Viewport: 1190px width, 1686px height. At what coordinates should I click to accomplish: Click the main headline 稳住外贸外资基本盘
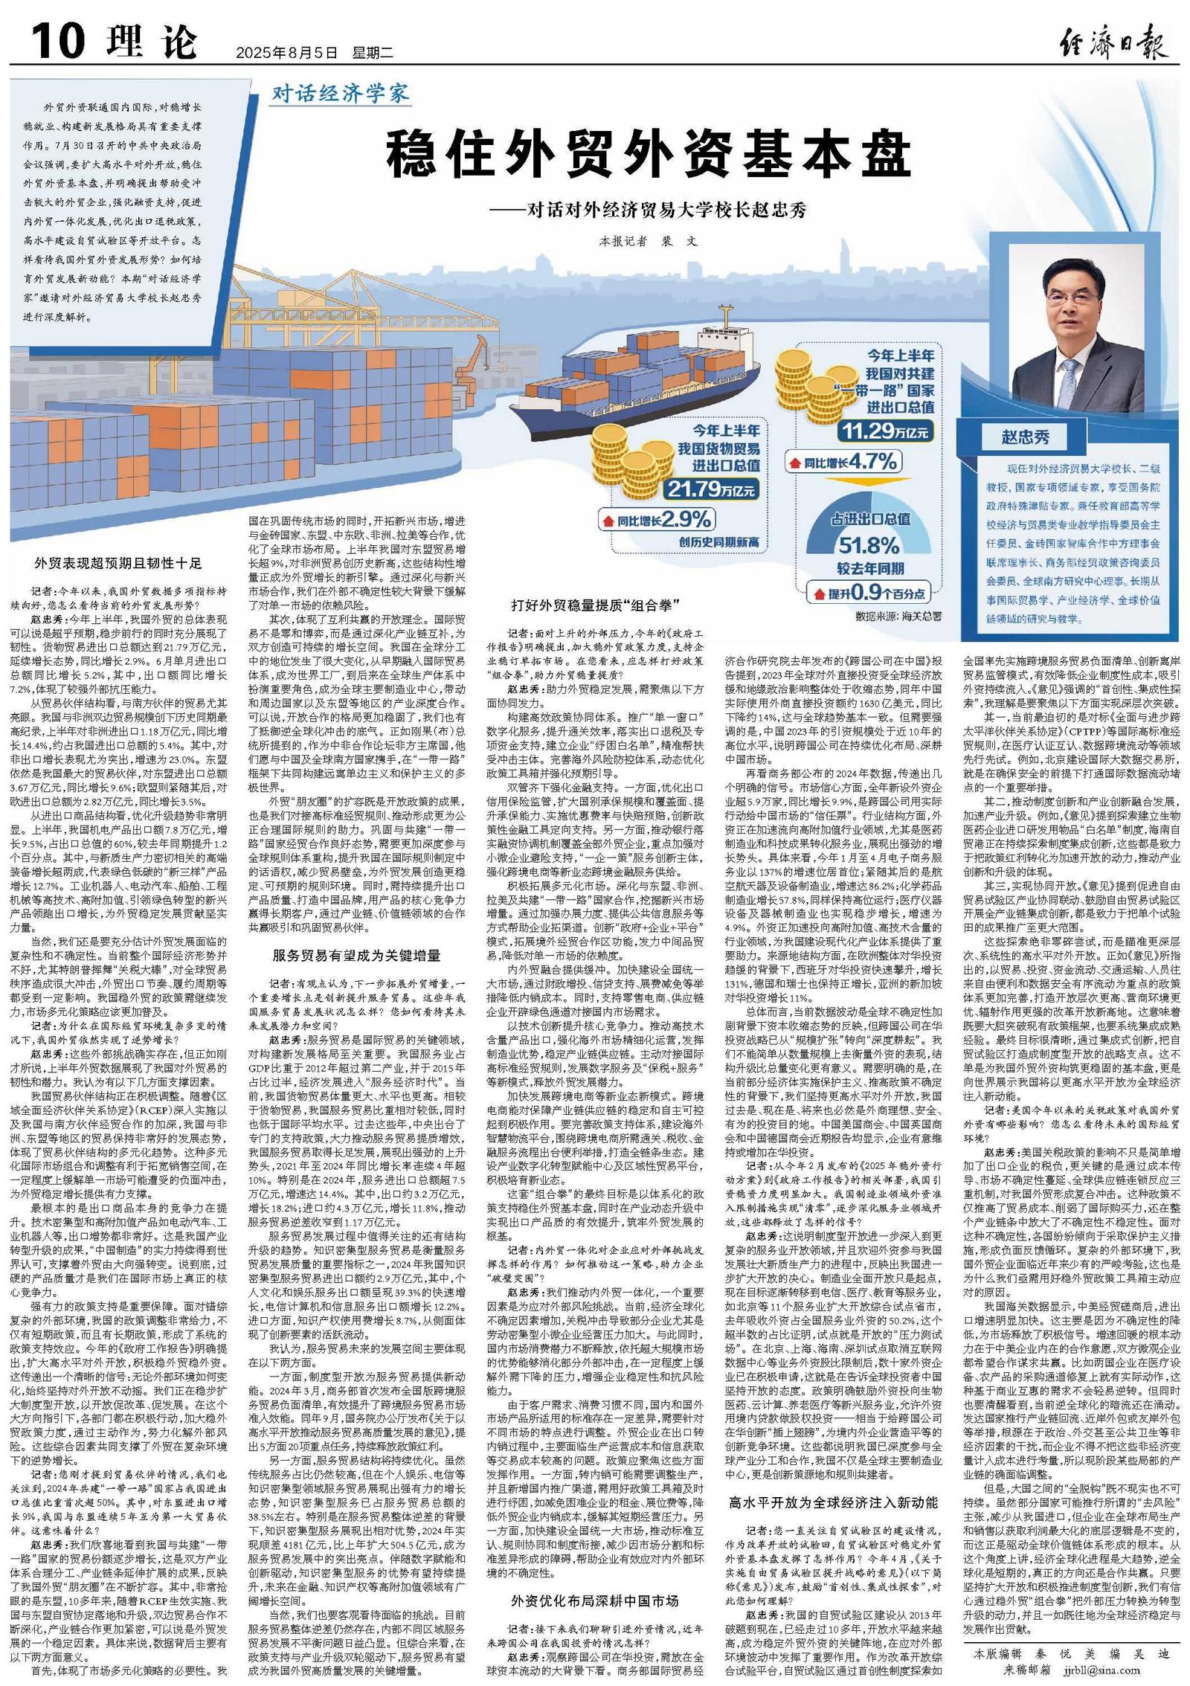(x=648, y=154)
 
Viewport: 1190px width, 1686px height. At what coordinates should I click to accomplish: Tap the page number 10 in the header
(x=58, y=40)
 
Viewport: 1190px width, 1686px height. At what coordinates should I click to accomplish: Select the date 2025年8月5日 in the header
(x=286, y=53)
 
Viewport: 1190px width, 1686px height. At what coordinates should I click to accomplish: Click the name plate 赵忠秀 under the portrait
(x=1025, y=437)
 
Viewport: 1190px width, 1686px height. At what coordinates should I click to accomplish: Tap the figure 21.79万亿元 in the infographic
(x=711, y=489)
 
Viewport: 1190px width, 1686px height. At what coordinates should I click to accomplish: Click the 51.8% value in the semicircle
(x=869, y=545)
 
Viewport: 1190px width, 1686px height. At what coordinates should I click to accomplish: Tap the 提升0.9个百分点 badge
(x=869, y=593)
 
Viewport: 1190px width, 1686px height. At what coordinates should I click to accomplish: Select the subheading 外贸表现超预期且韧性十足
(x=118, y=563)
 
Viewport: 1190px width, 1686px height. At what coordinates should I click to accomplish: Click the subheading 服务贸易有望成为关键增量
(x=356, y=956)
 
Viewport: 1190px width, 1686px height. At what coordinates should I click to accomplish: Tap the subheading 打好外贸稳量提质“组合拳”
(x=596, y=605)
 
